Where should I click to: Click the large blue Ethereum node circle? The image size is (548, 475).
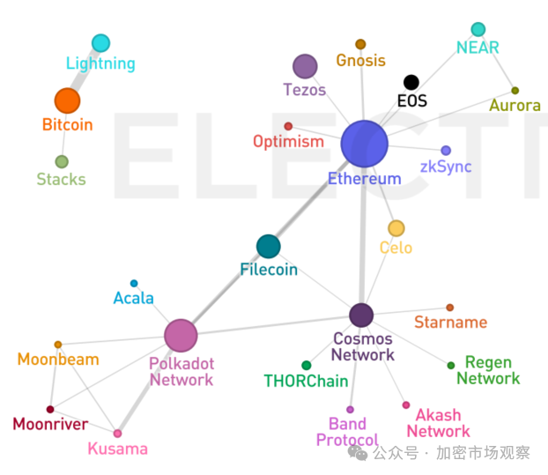click(364, 144)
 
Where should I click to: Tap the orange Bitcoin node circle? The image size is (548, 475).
click(67, 100)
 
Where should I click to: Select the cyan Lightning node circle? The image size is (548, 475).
click(100, 43)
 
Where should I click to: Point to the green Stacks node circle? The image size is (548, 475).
click(62, 161)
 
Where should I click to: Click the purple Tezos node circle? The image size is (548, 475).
click(305, 66)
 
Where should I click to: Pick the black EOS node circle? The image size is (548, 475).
click(411, 83)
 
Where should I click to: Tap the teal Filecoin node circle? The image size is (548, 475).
click(268, 247)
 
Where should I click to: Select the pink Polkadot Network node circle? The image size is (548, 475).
click(181, 335)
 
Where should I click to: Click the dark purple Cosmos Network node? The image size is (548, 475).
click(361, 315)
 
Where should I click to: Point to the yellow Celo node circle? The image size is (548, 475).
click(396, 228)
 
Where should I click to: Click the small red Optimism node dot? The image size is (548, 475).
click(288, 126)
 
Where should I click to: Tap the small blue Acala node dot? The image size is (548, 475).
click(134, 283)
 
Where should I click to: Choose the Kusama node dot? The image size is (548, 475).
click(117, 434)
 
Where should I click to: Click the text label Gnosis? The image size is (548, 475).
click(360, 61)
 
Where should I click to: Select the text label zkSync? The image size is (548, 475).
click(446, 167)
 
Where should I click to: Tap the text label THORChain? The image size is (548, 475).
click(306, 381)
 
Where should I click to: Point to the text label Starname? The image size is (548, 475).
click(450, 322)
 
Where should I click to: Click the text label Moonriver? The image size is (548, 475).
click(50, 424)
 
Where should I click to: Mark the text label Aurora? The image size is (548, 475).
click(515, 105)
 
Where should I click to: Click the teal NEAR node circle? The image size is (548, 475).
click(478, 29)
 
